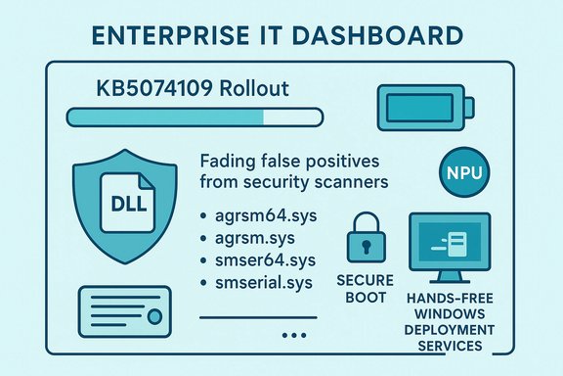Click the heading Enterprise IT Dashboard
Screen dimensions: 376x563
coord(281,36)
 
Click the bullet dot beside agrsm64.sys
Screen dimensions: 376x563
coord(203,215)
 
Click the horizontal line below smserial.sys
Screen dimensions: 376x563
coord(258,316)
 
